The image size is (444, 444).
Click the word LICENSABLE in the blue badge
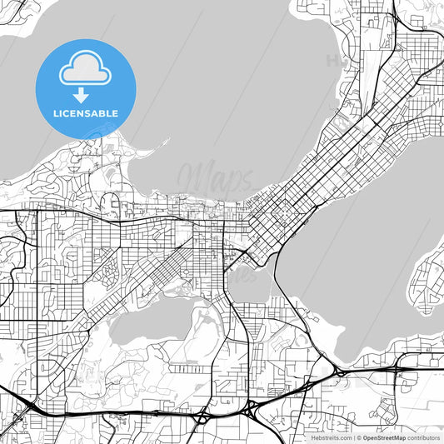[x=87, y=112]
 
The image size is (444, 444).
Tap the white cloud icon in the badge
[x=84, y=70]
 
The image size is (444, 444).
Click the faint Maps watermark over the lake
[x=215, y=177]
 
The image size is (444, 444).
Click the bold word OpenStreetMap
[x=384, y=437]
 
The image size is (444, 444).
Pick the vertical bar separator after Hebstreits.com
[x=352, y=437]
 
